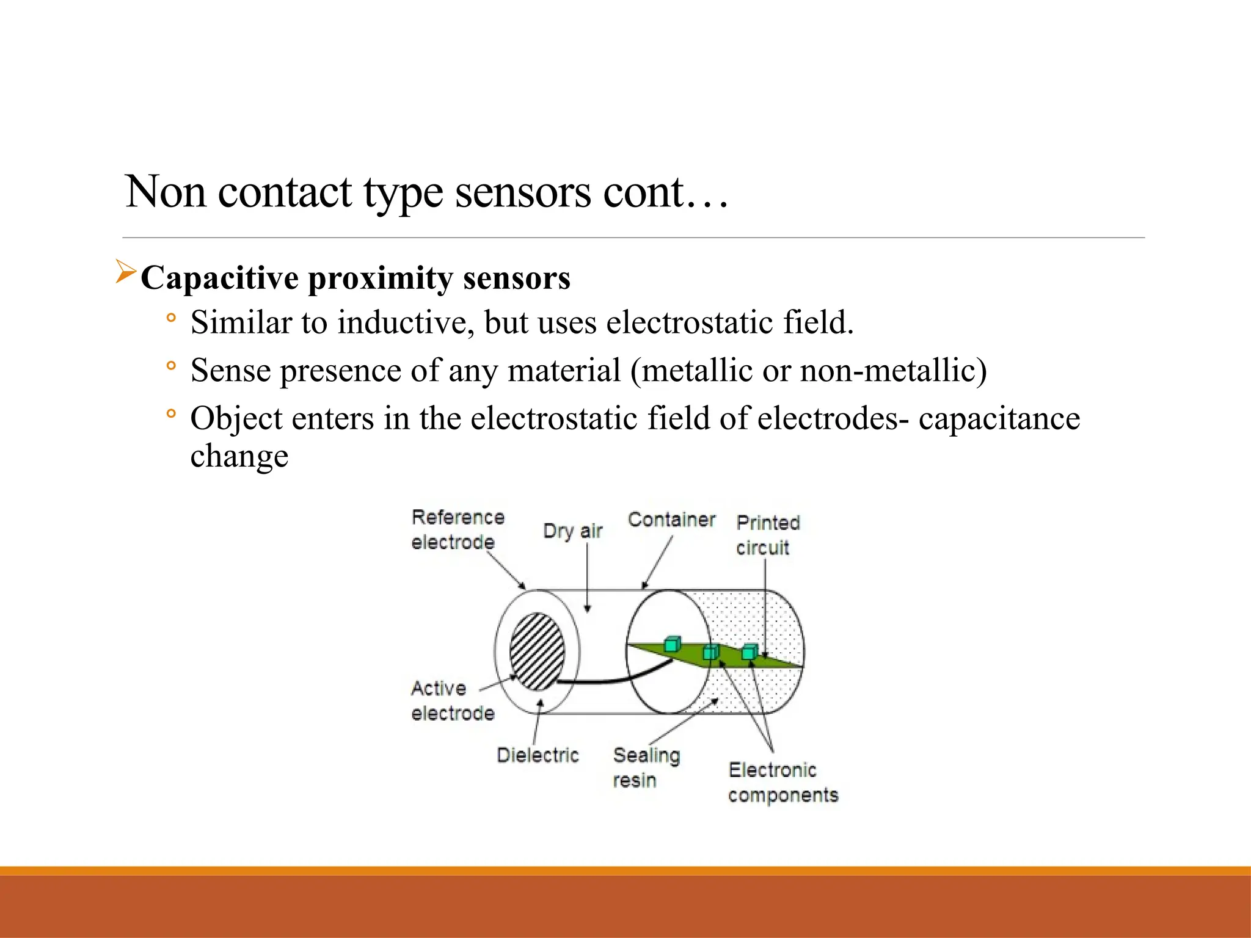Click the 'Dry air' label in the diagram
572,531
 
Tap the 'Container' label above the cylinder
671,520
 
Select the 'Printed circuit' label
767,535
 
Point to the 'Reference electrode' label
457,529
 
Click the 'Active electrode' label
452,700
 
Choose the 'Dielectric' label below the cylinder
538,755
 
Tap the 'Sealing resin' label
646,768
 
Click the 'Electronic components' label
782,782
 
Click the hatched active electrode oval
537,652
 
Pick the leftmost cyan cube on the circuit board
672,644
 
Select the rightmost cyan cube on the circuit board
750,652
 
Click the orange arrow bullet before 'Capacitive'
125,272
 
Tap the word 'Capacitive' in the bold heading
219,278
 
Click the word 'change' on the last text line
239,456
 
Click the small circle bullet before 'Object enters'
171,414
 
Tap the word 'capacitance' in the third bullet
999,419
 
